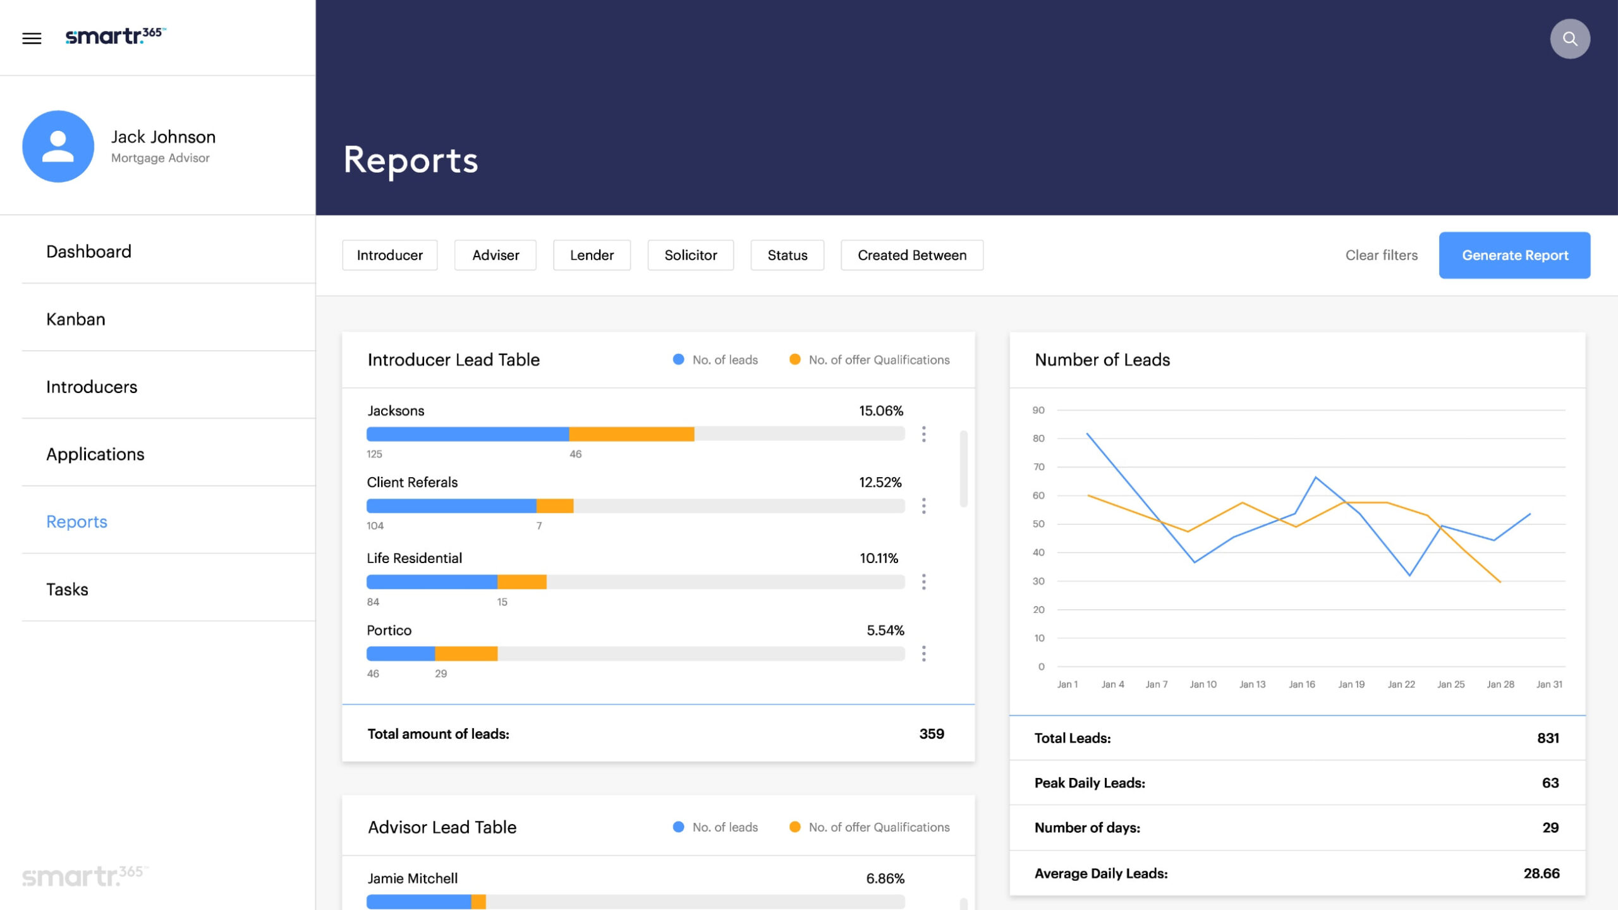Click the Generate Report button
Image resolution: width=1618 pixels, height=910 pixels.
pyautogui.click(x=1514, y=255)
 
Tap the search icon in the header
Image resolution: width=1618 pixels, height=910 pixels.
pyautogui.click(x=1569, y=39)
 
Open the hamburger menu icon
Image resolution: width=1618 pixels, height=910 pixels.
pyautogui.click(x=32, y=39)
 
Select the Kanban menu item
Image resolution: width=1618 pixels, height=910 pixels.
pyautogui.click(x=76, y=319)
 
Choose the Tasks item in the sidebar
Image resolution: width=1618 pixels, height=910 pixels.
pyautogui.click(x=67, y=589)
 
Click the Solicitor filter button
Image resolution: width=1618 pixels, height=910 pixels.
pyautogui.click(x=690, y=255)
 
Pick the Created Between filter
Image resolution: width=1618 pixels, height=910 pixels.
pyautogui.click(x=911, y=255)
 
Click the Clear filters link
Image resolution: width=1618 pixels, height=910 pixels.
pyautogui.click(x=1381, y=255)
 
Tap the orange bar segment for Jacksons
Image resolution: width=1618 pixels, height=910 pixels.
pyautogui.click(x=631, y=434)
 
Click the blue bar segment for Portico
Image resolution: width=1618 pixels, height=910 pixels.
pyautogui.click(x=401, y=653)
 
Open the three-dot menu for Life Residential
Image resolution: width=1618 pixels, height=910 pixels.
pyautogui.click(x=923, y=582)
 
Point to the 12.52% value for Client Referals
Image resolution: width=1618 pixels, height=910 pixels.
pyautogui.click(x=880, y=483)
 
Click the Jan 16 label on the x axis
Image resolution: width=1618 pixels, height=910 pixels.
pyautogui.click(x=1301, y=684)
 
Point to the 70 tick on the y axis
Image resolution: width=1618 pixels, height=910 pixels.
pyautogui.click(x=1038, y=467)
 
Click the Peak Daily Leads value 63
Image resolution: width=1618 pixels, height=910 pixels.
pyautogui.click(x=1550, y=783)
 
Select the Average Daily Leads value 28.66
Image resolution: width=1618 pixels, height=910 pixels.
pyautogui.click(x=1541, y=873)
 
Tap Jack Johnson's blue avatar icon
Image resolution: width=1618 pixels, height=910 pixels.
pyautogui.click(x=58, y=147)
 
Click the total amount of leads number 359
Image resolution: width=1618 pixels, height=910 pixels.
pyautogui.click(x=931, y=734)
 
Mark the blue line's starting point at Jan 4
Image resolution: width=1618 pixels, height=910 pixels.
pyautogui.click(x=1087, y=434)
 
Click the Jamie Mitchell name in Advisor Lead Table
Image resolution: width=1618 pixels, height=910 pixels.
pyautogui.click(x=413, y=878)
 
